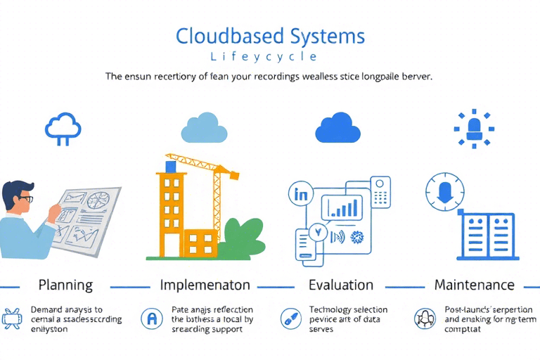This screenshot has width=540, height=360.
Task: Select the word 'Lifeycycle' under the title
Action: [270, 56]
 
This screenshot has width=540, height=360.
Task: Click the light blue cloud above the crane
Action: [204, 127]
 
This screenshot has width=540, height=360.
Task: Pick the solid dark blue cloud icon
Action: [338, 127]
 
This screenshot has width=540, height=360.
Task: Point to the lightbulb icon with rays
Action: [472, 127]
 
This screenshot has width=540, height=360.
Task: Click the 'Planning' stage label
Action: [65, 285]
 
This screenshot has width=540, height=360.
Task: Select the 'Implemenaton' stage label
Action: [205, 285]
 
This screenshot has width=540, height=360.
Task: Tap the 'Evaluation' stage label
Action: [341, 285]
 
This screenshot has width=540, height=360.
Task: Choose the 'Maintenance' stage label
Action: [474, 285]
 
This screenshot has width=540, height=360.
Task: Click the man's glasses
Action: [25, 198]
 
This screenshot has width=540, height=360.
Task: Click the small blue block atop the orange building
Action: [170, 166]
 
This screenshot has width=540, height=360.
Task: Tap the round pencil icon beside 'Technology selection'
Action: [289, 318]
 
